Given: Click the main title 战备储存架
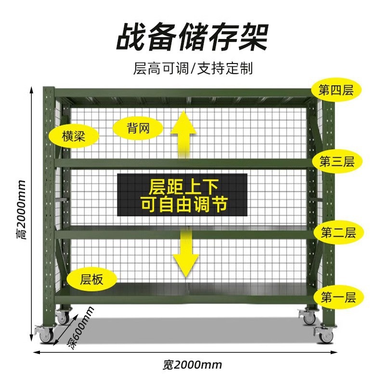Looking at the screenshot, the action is click(x=192, y=38).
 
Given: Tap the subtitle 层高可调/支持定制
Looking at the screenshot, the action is click(x=192, y=68).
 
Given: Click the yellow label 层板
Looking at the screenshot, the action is click(x=92, y=279).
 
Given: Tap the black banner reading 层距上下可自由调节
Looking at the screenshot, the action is click(x=182, y=194).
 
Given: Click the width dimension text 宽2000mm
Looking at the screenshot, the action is click(x=192, y=364).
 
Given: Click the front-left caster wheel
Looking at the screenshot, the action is click(x=46, y=334).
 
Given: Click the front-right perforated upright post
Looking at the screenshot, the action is click(x=328, y=212).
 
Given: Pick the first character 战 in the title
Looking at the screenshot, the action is click(x=131, y=38).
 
